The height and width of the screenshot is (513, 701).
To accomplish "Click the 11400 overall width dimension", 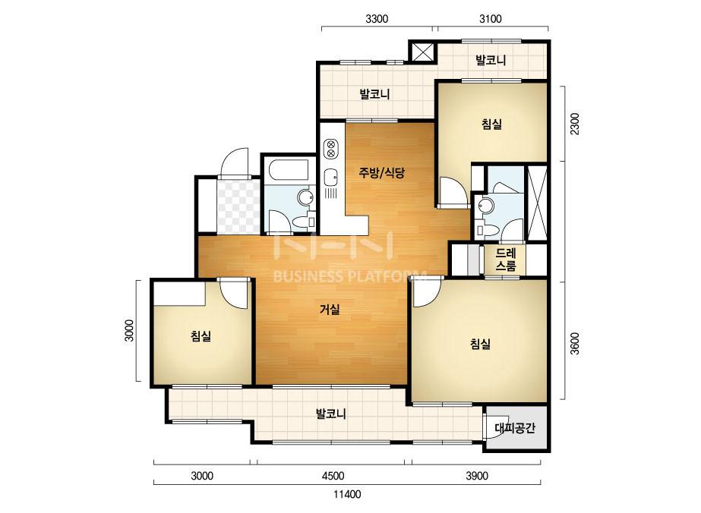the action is [347, 494].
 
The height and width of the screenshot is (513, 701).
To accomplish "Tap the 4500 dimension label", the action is [333, 476].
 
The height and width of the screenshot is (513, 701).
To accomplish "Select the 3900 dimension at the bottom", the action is [476, 476].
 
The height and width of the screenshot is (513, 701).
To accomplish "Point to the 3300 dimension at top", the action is [377, 19].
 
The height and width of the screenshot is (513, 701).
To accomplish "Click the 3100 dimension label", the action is [491, 19].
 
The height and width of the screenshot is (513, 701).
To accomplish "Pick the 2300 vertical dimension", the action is [575, 124].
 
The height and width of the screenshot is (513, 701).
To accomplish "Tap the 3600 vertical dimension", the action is [575, 343].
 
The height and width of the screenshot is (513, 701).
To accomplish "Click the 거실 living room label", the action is [330, 309].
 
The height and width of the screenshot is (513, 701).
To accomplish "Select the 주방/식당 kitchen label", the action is [382, 172].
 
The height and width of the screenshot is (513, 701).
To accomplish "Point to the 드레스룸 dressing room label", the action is [506, 260].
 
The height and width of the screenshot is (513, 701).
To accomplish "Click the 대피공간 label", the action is [515, 428].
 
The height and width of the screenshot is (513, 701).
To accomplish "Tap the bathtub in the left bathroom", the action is [289, 170].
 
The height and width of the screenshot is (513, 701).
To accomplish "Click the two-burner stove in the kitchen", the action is [331, 148].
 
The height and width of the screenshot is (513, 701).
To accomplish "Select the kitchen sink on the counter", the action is [330, 177].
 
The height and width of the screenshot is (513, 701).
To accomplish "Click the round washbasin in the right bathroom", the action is [485, 206].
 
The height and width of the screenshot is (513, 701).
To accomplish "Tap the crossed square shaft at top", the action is [422, 52].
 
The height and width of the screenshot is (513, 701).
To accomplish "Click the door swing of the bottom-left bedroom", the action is [234, 293].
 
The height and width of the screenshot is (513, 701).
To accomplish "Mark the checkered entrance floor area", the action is [238, 206].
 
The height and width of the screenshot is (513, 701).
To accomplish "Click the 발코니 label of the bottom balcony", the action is [331, 414].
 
